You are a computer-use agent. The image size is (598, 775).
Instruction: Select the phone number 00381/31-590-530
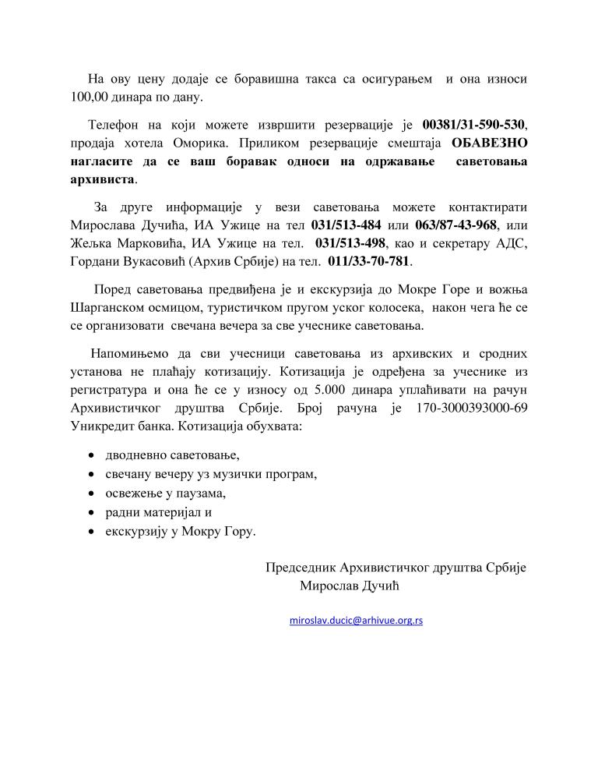coord(474,125)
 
